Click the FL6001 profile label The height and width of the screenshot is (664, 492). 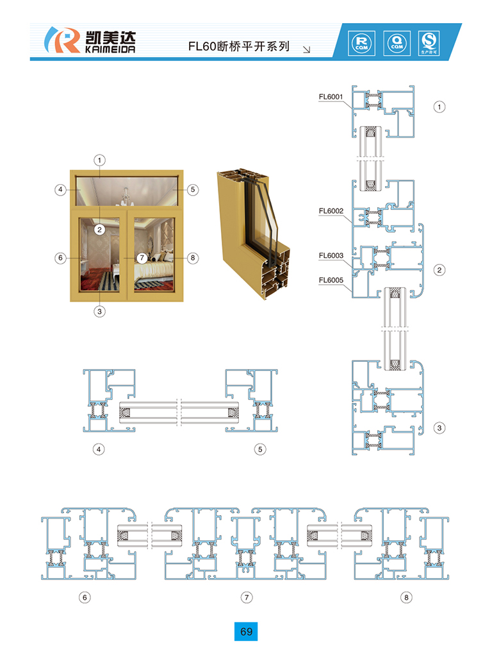331,96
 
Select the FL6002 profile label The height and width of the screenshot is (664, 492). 331,211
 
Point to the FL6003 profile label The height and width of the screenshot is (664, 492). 331,255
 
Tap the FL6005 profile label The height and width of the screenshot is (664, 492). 331,280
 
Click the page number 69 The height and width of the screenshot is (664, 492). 246,631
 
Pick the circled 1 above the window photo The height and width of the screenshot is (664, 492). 99,160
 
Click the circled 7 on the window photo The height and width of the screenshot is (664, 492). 142,257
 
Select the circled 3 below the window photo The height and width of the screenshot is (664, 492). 99,311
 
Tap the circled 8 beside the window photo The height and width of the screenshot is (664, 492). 193,257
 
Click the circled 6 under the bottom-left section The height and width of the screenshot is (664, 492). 85,597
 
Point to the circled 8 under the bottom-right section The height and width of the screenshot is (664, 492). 406,597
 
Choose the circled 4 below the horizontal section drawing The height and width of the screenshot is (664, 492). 99,449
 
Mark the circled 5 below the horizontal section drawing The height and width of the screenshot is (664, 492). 260,449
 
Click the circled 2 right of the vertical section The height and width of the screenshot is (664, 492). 439,269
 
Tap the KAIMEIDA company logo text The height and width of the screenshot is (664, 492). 110,49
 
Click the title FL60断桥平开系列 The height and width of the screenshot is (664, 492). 239,46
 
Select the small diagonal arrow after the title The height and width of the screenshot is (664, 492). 307,49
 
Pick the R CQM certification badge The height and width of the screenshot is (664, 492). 361,43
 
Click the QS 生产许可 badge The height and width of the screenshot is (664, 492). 429,43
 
